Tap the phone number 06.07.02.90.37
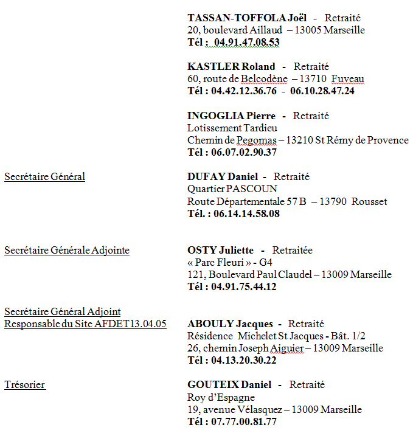[244, 152]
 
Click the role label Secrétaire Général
[44, 177]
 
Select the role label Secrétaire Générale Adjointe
[67, 250]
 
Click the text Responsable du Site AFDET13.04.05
[85, 324]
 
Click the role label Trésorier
[25, 384]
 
